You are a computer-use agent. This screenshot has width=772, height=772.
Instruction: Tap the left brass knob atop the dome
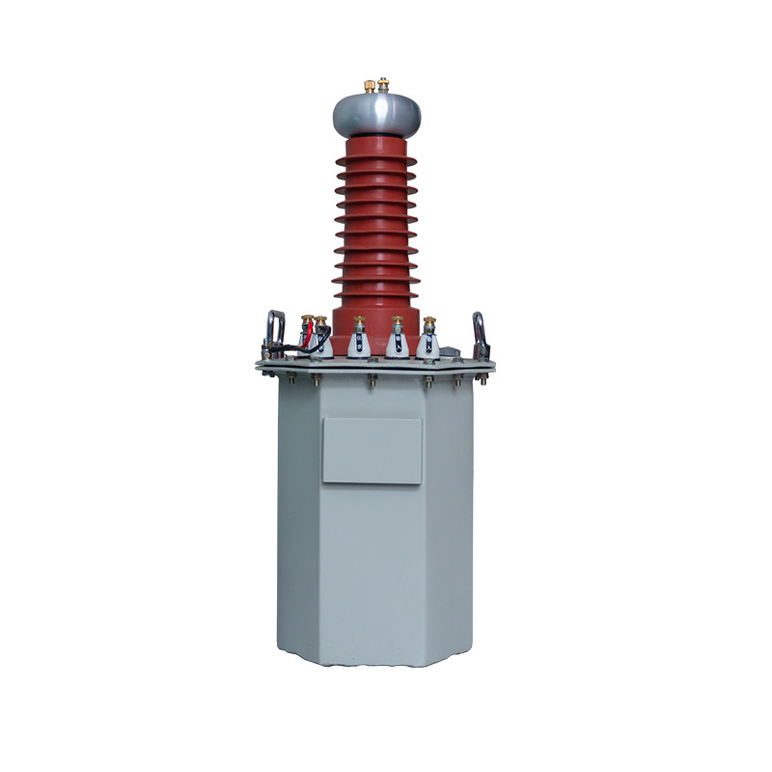coord(369,87)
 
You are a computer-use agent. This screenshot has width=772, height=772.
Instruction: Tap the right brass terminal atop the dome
coord(383,85)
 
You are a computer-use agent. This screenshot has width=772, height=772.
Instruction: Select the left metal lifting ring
coord(275,332)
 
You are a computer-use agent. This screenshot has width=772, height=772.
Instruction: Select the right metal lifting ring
coord(480,332)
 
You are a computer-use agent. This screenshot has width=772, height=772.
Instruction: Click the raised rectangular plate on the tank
coord(372,451)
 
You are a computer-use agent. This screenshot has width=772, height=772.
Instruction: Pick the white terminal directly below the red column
coord(359,341)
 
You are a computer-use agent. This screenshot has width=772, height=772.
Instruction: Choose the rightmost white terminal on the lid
coord(428,340)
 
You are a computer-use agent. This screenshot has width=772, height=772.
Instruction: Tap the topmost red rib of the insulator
coord(375,156)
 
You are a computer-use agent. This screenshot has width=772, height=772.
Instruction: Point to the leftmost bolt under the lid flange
coord(286,379)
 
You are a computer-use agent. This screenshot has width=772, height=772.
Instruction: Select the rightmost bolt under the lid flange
coord(457,379)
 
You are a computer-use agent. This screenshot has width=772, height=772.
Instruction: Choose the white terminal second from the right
coord(397,340)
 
